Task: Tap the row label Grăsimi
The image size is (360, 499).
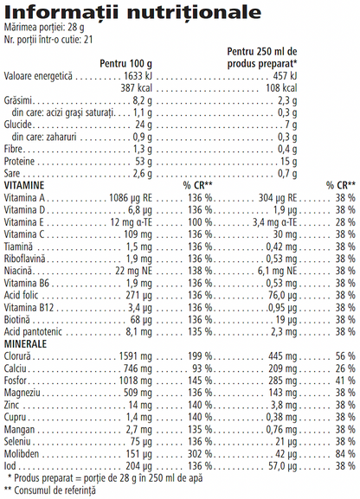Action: pyautogui.click(x=18, y=100)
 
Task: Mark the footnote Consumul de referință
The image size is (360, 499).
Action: pyautogui.click(x=55, y=489)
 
